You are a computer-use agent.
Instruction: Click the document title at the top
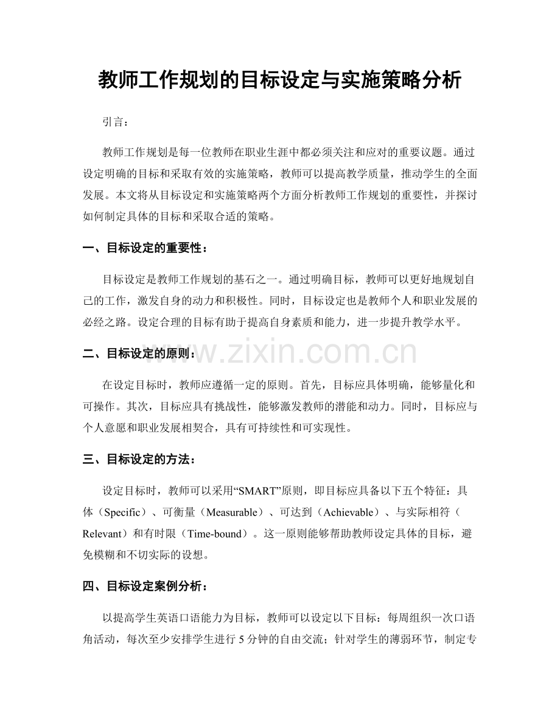pyautogui.click(x=279, y=80)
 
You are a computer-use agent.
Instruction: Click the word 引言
pyautogui.click(x=113, y=122)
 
